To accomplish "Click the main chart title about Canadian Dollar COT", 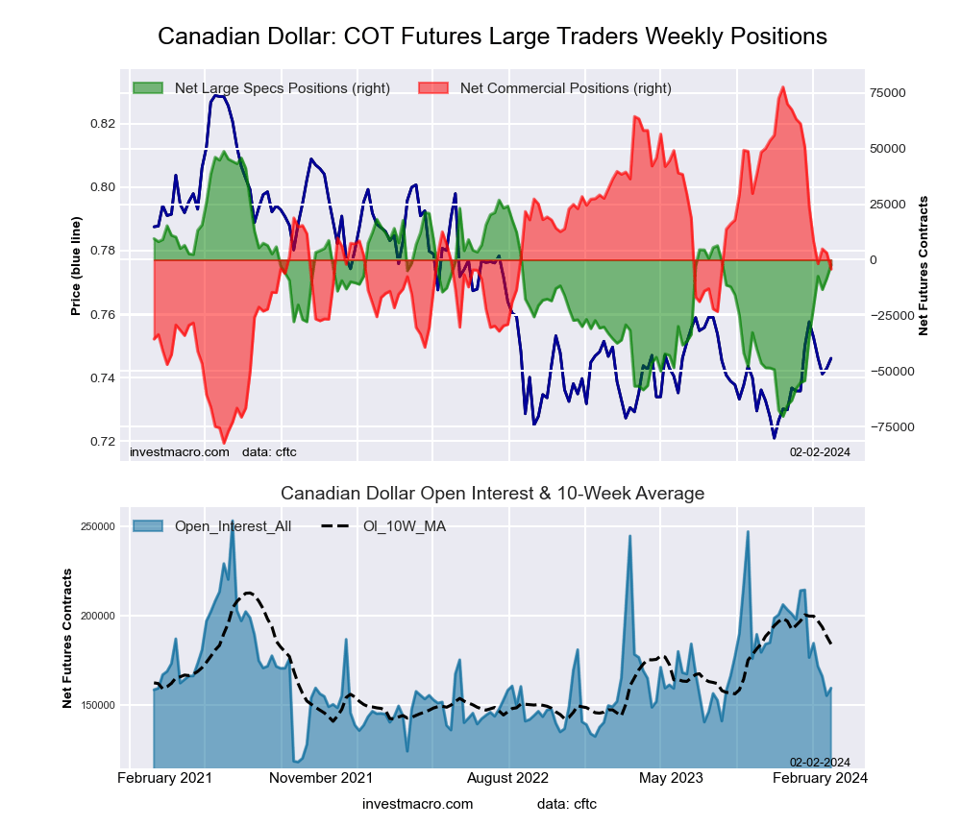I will point(492,36).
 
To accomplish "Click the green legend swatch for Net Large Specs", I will point(149,88).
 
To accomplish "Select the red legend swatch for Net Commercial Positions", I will point(434,88).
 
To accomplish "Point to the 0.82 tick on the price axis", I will point(103,124).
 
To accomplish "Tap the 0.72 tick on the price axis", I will point(103,442).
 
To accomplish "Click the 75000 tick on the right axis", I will point(888,93).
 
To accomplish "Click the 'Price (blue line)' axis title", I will point(76,266).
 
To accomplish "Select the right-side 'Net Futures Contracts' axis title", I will point(924,265).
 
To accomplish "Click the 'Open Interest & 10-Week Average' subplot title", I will point(492,494).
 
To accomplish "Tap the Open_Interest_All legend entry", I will point(212,525).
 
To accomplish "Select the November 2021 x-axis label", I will point(320,777).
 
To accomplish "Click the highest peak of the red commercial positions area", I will point(783,87).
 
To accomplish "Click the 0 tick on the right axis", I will point(875,260).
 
